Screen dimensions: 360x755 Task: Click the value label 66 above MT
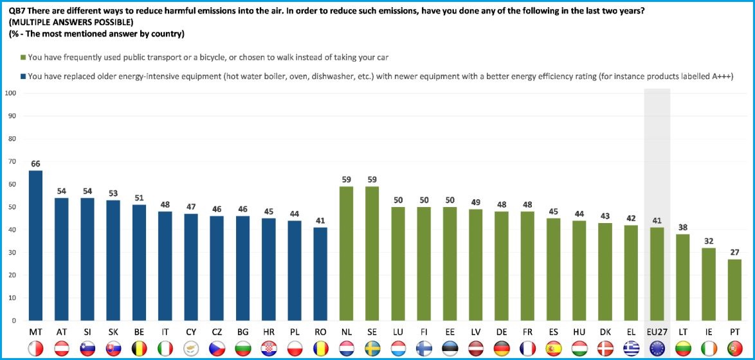[x=36, y=164]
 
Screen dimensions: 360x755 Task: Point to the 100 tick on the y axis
[x=10, y=94]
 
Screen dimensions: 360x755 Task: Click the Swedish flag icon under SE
[x=372, y=348]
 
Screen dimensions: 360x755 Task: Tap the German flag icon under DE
[x=502, y=348]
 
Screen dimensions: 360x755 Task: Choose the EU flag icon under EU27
[x=657, y=348]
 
